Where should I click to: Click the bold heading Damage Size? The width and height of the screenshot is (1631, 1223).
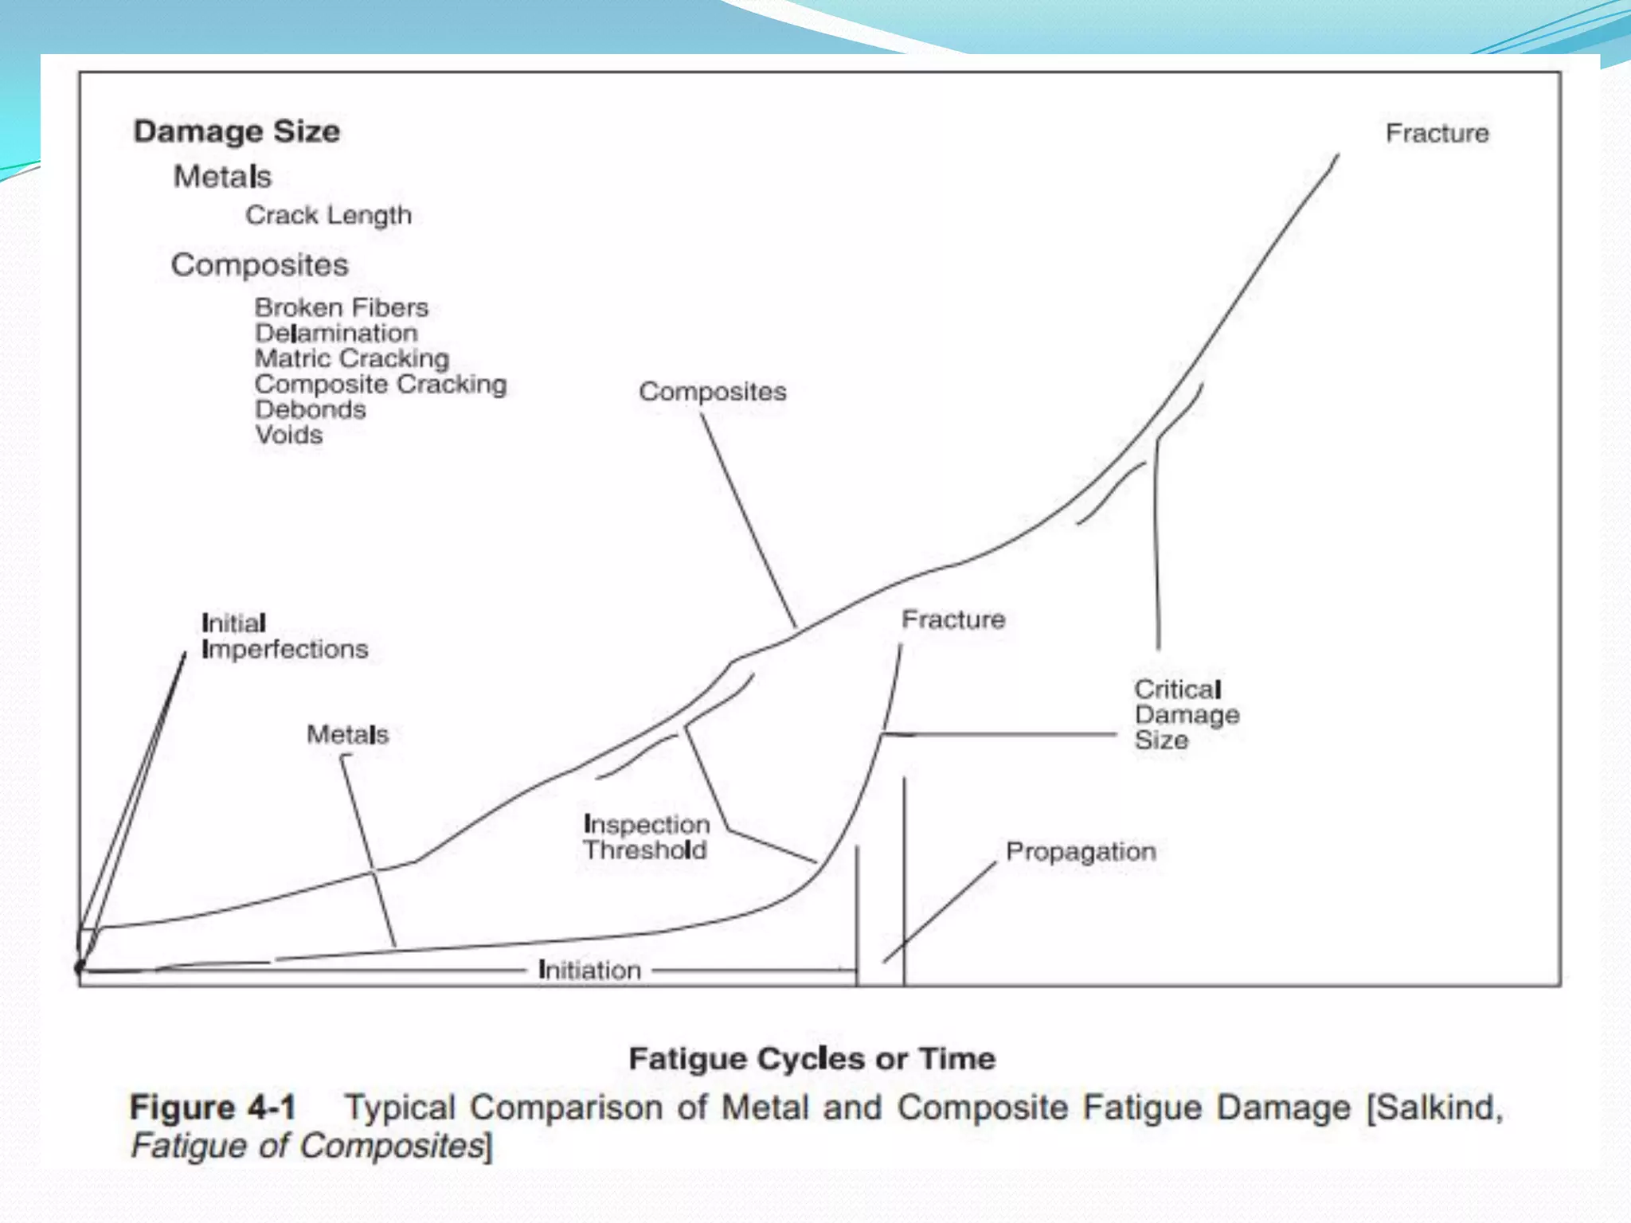[237, 131]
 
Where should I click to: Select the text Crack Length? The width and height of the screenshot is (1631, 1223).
[328, 215]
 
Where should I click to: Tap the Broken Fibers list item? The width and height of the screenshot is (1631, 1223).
[341, 307]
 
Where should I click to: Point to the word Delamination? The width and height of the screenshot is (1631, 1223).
[336, 333]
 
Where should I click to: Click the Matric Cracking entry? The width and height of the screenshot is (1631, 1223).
[352, 358]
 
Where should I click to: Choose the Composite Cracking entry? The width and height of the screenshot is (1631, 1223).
[381, 384]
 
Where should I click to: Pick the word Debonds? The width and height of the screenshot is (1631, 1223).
[311, 409]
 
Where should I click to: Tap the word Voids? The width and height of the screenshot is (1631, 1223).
[289, 435]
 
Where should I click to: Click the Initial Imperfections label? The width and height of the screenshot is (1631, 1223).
[284, 636]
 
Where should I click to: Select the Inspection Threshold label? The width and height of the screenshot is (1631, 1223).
[646, 837]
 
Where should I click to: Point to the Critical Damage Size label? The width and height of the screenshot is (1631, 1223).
[1187, 714]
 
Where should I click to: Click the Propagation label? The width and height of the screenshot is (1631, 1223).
[1081, 851]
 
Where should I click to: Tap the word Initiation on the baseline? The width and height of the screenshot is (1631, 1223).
[589, 970]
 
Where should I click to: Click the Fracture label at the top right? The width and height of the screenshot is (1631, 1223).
[1437, 133]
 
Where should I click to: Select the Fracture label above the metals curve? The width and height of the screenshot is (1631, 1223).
[953, 619]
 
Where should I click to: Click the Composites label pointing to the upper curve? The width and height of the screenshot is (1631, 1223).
[712, 392]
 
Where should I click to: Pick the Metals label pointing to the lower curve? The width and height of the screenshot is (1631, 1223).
[348, 734]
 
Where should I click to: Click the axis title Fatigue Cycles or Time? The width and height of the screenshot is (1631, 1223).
[812, 1058]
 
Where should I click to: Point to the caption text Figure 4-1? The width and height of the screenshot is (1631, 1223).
[213, 1108]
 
